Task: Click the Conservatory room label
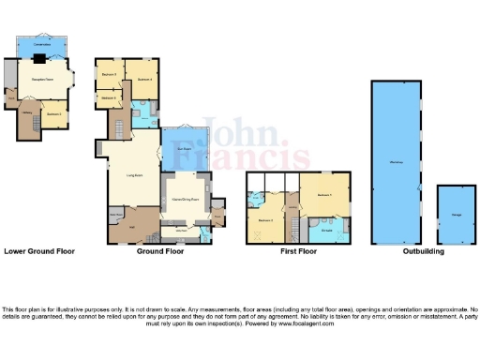click(41, 44)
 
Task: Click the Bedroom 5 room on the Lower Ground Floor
click(53, 114)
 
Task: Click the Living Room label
click(135, 174)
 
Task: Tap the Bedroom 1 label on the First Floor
click(325, 194)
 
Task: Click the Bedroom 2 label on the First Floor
click(265, 220)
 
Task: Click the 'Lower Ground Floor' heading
click(39, 251)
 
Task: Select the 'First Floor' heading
click(298, 251)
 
